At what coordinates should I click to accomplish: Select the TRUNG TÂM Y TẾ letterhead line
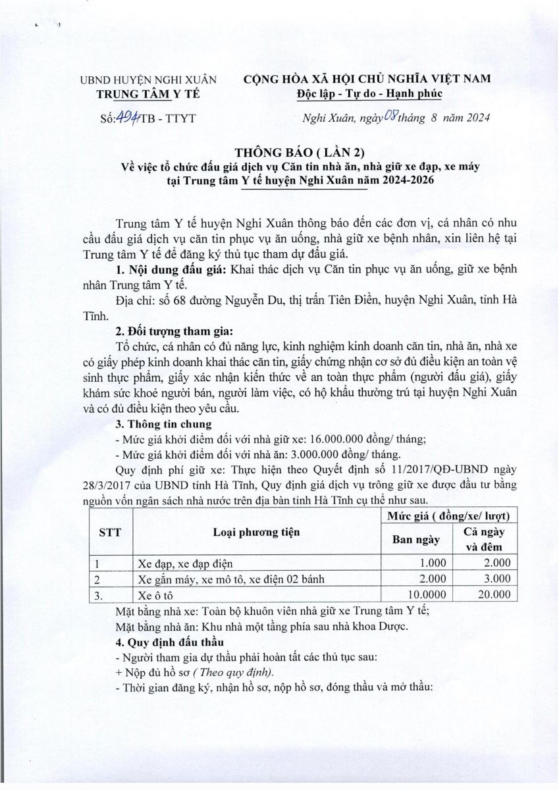point(149,93)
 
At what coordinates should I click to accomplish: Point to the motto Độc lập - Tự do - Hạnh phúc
point(368,93)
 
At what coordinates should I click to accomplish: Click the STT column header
point(110,533)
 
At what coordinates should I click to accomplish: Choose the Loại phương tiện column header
point(256,533)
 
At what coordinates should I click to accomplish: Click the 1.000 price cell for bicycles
point(433,563)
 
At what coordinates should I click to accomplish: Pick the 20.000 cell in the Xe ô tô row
point(493,594)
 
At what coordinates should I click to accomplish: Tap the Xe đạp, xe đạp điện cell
point(185,564)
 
